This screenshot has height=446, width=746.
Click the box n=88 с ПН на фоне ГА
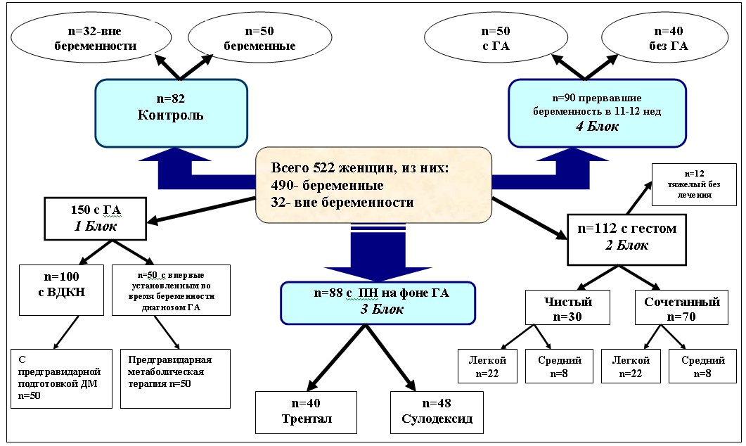(378, 299)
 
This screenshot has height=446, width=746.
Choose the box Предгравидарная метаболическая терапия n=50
(175, 378)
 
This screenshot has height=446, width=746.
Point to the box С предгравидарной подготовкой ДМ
(62, 378)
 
